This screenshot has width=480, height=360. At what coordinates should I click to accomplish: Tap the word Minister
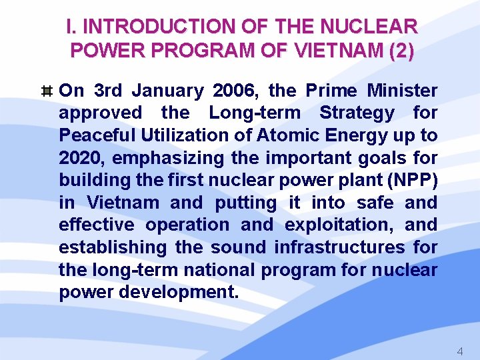tap(402, 91)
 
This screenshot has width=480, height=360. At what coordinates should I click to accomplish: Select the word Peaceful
tap(96, 135)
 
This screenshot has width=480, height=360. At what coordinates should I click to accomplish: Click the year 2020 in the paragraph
tap(83, 158)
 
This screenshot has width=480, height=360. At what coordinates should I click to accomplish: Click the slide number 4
tap(459, 351)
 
